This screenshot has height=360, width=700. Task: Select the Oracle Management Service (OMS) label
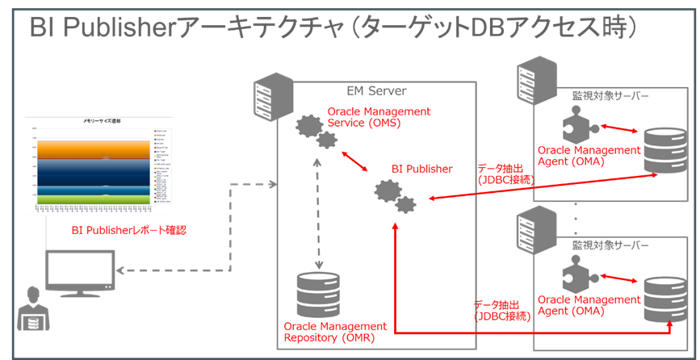tap(379, 117)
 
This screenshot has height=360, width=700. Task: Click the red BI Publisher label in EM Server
tap(421, 169)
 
